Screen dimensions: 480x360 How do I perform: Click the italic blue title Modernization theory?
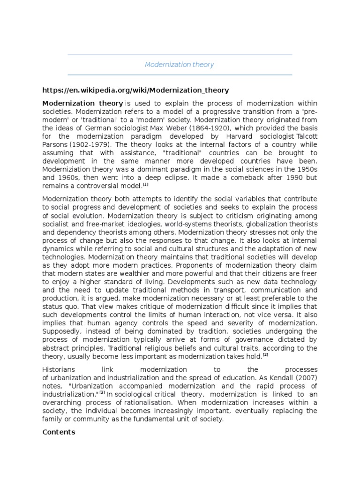179,65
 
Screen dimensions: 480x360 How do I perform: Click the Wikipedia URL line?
135,90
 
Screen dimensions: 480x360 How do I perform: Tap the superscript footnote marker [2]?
265,354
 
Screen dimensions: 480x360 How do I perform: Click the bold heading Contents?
59,432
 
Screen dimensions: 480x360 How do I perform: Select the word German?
87,128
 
